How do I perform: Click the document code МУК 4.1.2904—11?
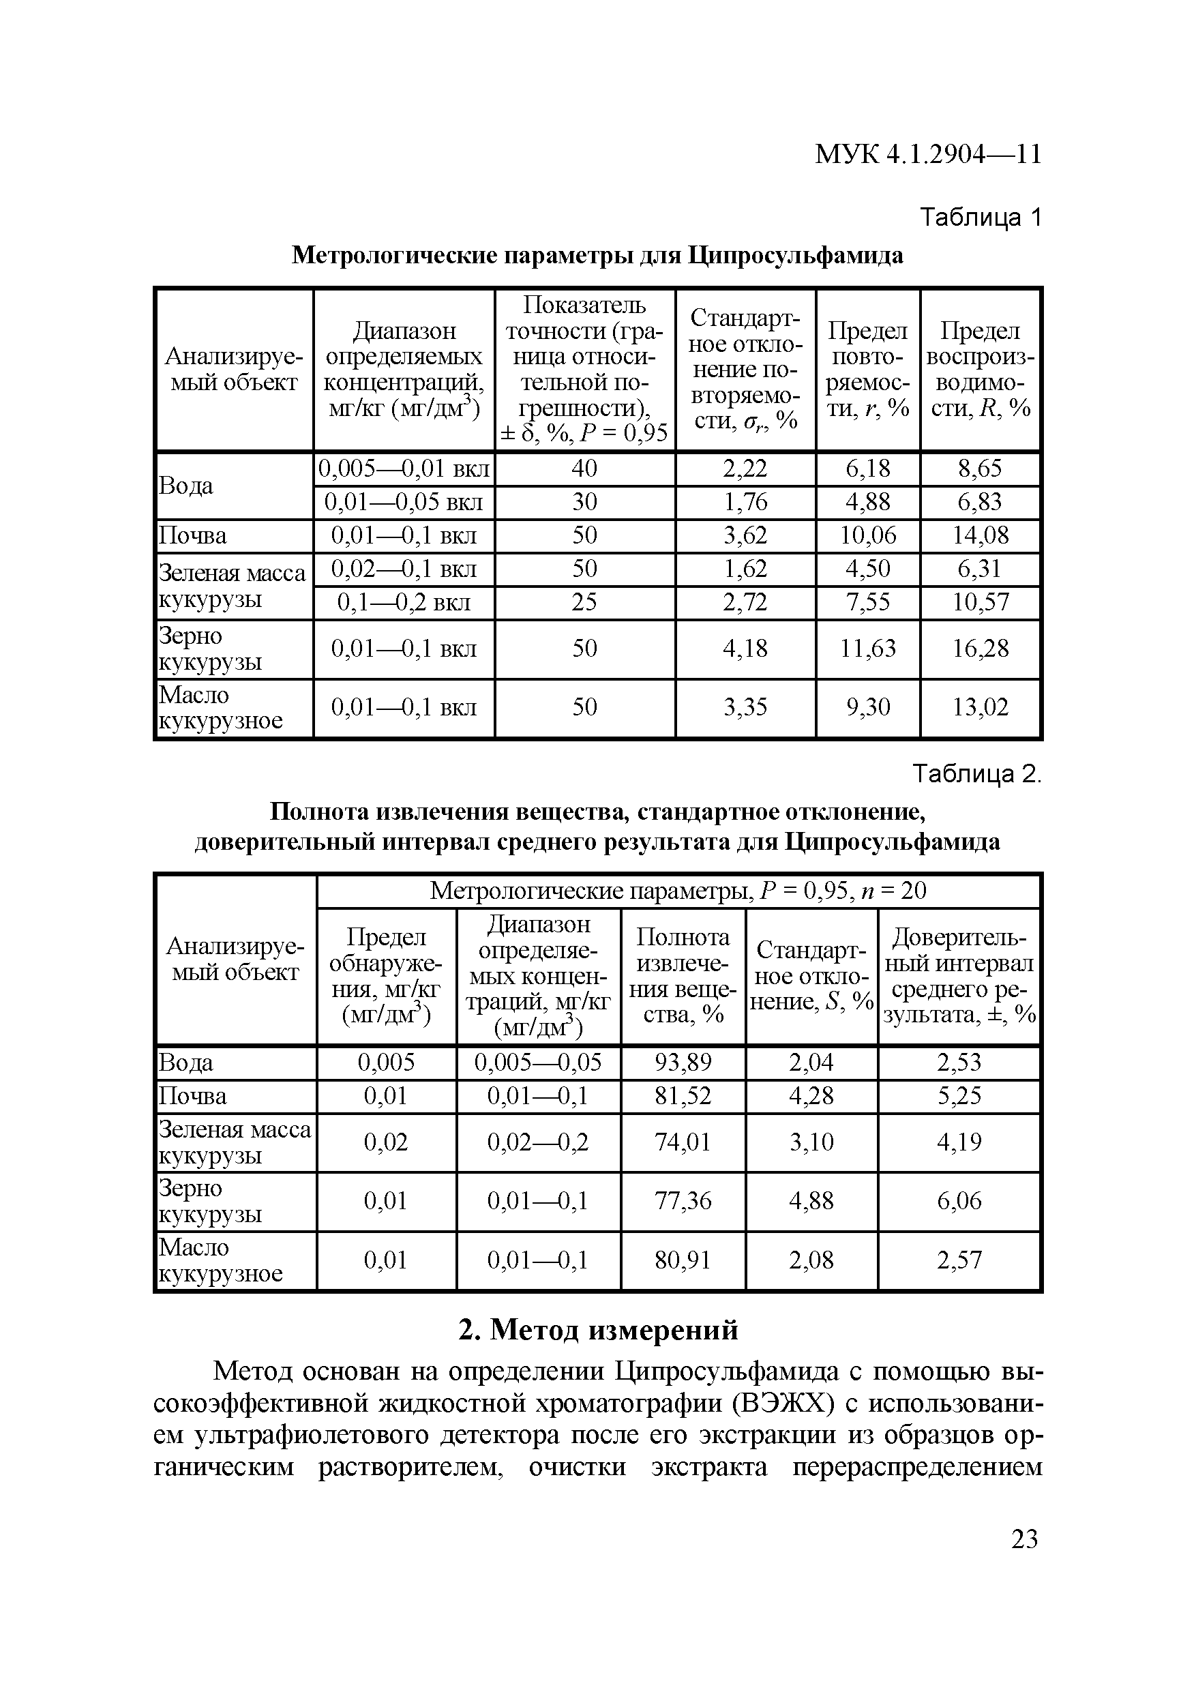(x=928, y=154)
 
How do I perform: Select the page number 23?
(x=1024, y=1539)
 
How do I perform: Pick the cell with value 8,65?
(x=980, y=469)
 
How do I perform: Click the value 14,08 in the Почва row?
(x=980, y=535)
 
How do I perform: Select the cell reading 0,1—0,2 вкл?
(x=404, y=603)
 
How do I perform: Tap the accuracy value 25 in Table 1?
(x=584, y=603)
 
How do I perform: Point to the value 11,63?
(x=868, y=649)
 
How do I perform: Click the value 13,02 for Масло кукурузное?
(x=980, y=707)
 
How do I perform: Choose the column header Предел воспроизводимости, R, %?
(x=980, y=369)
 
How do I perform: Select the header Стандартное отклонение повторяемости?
(x=745, y=369)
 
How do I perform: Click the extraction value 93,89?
(x=683, y=1062)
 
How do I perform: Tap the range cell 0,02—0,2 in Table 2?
(x=538, y=1142)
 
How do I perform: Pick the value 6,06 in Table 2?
(x=959, y=1201)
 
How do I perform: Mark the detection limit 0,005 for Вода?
(x=386, y=1062)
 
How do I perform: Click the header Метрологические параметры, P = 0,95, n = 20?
(x=677, y=891)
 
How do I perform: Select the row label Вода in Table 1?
(x=186, y=486)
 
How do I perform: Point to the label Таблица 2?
(x=977, y=774)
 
